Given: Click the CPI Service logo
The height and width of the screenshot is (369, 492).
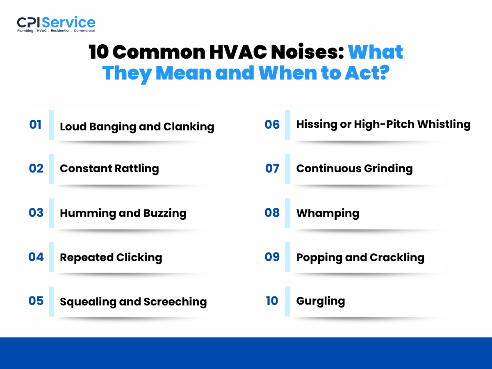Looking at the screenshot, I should (x=56, y=24).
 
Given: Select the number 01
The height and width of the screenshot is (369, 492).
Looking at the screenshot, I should (x=35, y=125).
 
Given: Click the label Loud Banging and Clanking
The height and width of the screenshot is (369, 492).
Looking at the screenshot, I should (x=137, y=127).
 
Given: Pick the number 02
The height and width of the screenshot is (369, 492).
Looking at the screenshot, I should (x=36, y=169).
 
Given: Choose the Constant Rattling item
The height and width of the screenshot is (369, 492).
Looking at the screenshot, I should (x=109, y=169).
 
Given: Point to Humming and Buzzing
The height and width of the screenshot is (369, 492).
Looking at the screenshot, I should (x=123, y=213).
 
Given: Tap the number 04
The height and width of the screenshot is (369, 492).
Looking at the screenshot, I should (x=36, y=257).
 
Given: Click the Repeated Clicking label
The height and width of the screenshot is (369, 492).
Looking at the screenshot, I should (x=111, y=257).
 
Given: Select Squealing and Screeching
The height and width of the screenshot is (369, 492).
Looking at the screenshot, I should (x=133, y=302).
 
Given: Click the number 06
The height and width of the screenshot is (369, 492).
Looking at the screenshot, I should (x=272, y=124).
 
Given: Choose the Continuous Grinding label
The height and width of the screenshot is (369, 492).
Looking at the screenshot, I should (x=354, y=169).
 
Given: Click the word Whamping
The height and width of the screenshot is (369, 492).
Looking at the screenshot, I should (x=328, y=213).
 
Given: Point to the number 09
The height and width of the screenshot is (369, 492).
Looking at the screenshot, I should (x=272, y=257).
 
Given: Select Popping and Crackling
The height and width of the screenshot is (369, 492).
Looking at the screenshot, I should (x=360, y=257).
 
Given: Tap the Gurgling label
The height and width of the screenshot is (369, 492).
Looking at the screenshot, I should (x=320, y=301).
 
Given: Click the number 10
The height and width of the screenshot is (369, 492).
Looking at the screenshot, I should (x=272, y=301).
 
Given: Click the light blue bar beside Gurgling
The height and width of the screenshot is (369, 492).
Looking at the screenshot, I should (x=287, y=301).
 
